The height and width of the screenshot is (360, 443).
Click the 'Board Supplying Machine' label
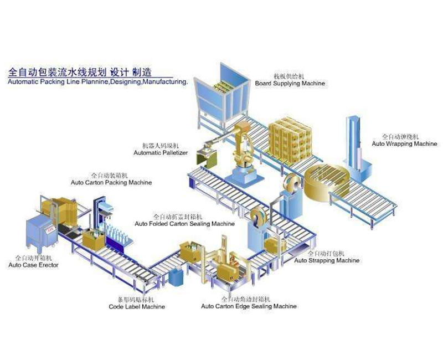coord(290,84)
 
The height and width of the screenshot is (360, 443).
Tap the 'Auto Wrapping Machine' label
coord(404,144)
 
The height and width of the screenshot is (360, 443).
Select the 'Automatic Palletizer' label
coord(161,152)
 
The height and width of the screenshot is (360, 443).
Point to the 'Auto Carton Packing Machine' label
coord(111,182)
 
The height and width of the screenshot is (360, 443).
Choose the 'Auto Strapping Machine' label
coord(327,260)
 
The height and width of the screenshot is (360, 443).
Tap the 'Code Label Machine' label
coord(137,307)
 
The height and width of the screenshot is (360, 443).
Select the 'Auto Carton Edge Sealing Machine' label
coord(249,306)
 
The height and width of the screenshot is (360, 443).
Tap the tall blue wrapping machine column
coord(352,144)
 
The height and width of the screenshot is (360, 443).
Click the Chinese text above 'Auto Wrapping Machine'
coord(400,136)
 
